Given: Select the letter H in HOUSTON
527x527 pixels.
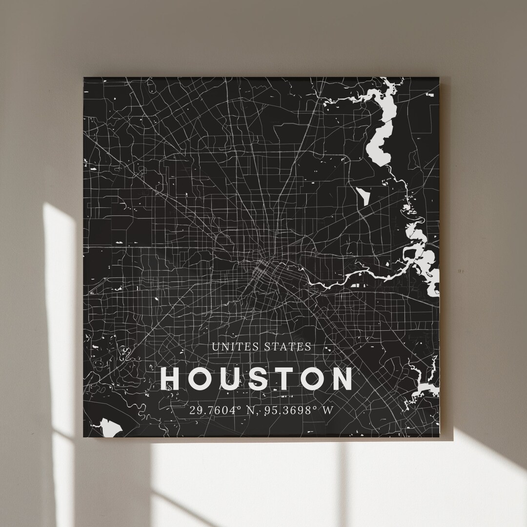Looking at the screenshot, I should click(x=171, y=379).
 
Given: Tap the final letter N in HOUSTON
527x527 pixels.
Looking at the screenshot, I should click(x=342, y=379).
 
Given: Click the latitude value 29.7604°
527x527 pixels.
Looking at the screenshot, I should click(x=217, y=410).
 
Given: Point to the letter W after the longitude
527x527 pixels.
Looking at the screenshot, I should click(x=328, y=410).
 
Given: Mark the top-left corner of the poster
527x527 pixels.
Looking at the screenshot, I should click(x=84, y=78).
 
